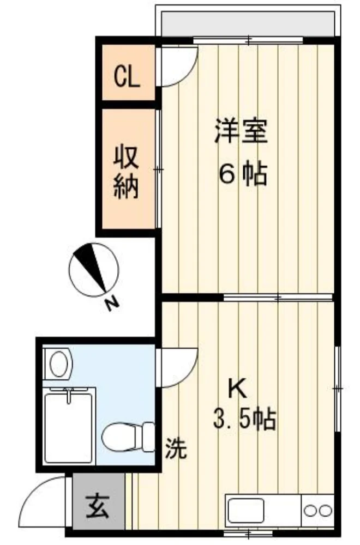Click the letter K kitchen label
click(x=238, y=389)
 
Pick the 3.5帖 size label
click(x=245, y=420)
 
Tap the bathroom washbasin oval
click(x=59, y=364)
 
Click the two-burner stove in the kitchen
click(x=318, y=511)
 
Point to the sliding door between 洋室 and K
click(x=278, y=298)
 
